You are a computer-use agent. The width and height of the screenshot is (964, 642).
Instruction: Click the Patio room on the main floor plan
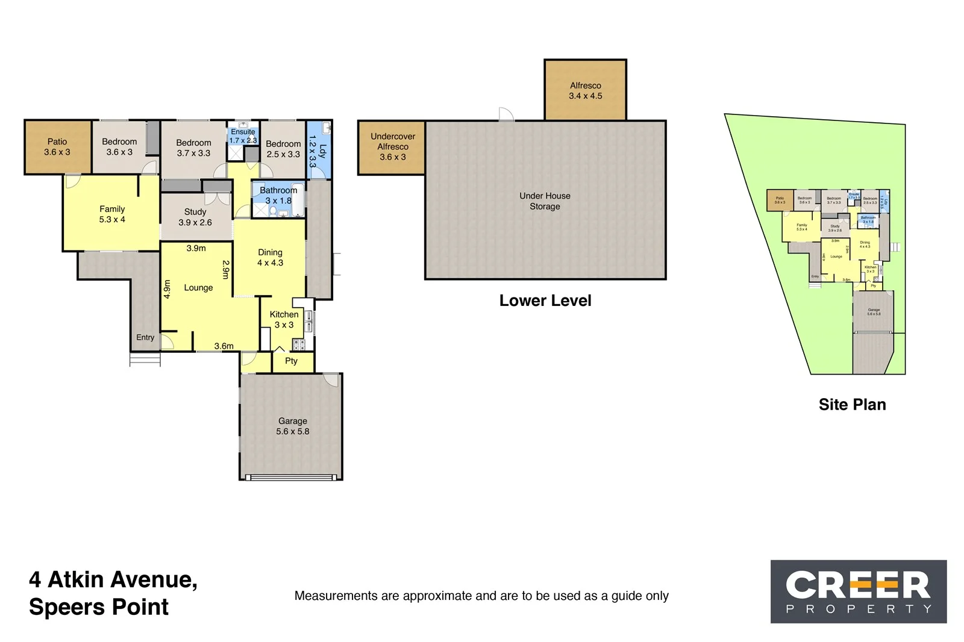point(57,147)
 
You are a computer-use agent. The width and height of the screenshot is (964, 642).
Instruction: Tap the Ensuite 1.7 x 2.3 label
point(243,136)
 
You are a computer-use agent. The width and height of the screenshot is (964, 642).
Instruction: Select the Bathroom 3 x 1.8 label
point(278,195)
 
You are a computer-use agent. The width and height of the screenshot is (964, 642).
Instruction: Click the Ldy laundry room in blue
point(318,151)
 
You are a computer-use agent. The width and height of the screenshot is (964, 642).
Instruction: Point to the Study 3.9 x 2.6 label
point(195,217)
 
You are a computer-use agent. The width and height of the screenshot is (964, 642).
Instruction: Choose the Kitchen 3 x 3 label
point(284,319)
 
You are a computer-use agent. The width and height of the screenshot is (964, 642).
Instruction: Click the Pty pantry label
point(291,361)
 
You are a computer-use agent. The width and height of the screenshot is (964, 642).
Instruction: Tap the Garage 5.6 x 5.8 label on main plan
point(292,426)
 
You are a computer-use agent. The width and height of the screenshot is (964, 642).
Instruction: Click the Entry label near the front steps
point(145,337)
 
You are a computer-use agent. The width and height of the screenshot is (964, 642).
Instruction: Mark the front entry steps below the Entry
point(145,360)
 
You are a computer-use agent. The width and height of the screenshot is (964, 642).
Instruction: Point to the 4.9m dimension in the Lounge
point(167,289)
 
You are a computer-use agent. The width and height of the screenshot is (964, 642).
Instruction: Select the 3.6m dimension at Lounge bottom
point(224,346)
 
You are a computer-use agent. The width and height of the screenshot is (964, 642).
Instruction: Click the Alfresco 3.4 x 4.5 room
point(585,90)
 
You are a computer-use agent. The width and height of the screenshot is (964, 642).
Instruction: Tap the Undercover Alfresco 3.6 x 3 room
point(392,147)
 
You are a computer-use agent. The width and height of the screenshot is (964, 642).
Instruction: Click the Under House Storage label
point(545,201)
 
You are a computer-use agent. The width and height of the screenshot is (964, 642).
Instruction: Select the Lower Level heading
point(545,301)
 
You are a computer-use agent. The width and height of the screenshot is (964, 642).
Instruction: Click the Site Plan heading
point(852,405)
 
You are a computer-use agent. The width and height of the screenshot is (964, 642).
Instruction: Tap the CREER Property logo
point(858,591)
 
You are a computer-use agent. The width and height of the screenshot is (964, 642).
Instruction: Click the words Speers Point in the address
point(99,607)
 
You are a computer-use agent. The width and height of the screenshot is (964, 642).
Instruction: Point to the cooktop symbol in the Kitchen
point(299,344)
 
